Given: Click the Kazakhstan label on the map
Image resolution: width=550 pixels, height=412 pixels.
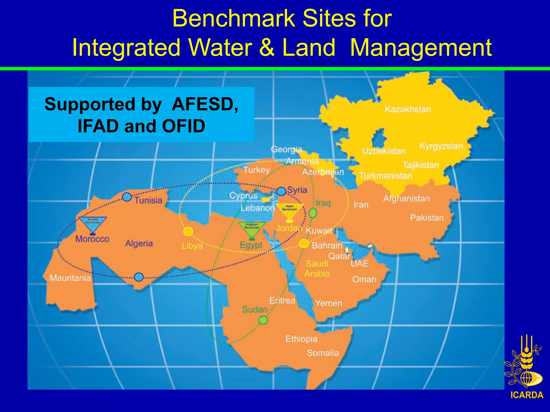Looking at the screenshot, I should point(408,109).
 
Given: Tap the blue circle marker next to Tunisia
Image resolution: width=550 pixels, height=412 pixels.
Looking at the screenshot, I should point(127,197).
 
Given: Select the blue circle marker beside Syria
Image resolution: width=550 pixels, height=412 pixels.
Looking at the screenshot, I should point(281,191).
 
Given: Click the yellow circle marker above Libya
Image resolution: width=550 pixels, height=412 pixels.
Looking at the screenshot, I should point(188,231).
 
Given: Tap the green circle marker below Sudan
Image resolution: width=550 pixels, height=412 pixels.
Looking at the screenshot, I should point(263,320).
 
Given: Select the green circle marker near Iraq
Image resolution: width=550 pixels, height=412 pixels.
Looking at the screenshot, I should point(313,213).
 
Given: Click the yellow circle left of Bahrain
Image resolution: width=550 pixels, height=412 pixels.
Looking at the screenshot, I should point(304,244).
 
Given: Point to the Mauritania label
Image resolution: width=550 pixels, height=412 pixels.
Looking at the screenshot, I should point(70,278).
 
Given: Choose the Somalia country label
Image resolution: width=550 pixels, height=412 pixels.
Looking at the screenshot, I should point(323,353).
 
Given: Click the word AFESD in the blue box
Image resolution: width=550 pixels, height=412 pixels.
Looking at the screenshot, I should point(205,104).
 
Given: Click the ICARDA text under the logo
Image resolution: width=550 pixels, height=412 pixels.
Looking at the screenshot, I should point(527,395).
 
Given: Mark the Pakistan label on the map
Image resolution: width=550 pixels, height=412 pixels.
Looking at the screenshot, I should point(426,218).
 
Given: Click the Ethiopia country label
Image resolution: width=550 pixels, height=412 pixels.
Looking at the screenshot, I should point(301,339).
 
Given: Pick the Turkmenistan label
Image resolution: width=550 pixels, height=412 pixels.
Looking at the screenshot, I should point(385,176).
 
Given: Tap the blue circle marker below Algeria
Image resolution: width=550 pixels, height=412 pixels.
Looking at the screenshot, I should point(139,277).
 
